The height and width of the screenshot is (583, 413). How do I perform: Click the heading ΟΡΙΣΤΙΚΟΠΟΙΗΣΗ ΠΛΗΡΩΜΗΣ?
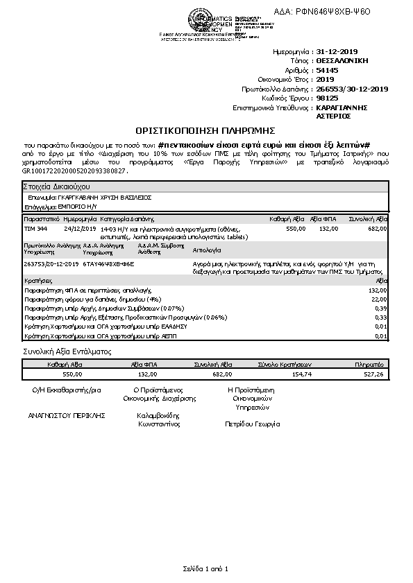(x=206, y=130)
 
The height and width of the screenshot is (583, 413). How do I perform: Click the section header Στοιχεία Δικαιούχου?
(x=53, y=187)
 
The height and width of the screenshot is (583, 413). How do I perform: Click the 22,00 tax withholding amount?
(x=379, y=299)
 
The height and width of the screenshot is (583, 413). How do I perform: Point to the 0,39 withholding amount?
(x=380, y=308)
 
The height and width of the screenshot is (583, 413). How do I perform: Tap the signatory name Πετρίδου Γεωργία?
(x=252, y=423)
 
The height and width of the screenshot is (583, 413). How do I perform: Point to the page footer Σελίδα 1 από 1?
(x=206, y=568)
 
